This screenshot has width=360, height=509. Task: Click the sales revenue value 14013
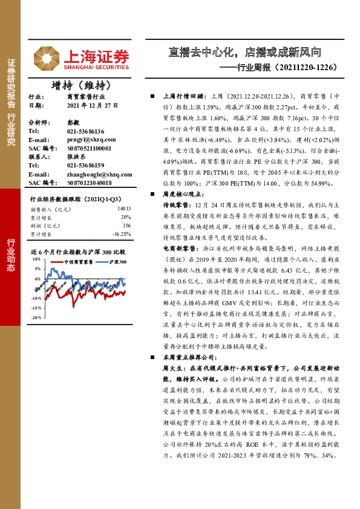123,209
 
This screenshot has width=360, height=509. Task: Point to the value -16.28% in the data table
122,233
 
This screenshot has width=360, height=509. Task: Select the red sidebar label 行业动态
11,256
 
